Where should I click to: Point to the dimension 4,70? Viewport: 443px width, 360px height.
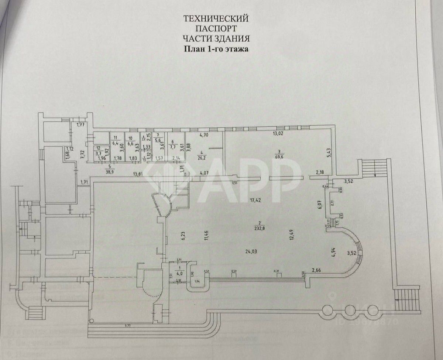205,135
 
